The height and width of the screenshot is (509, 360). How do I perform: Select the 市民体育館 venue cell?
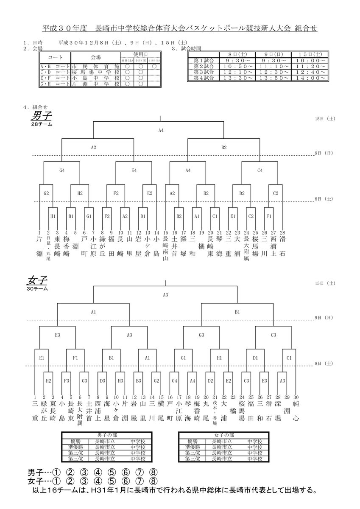click(95, 67)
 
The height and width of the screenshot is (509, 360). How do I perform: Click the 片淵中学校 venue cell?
click(95, 84)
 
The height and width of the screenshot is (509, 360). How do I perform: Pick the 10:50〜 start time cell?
click(234, 67)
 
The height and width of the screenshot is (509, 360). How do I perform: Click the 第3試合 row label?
click(202, 72)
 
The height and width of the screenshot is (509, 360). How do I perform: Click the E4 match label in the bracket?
click(134, 171)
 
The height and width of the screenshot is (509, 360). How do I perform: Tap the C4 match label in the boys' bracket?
click(260, 171)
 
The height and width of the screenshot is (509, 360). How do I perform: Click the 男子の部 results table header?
click(103, 435)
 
